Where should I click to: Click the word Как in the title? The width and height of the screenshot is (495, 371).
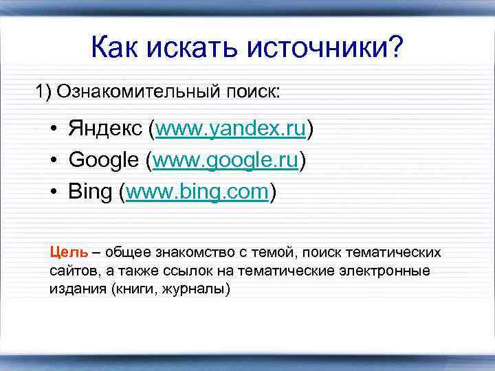[114, 48]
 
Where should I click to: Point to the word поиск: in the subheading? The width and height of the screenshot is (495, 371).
[254, 91]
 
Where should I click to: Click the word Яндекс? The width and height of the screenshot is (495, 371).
[107, 128]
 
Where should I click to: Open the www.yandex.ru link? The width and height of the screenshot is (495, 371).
[231, 128]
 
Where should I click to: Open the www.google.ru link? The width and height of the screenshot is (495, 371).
[226, 160]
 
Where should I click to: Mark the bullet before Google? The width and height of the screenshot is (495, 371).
[53, 161]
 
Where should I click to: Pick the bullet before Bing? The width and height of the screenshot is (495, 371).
[53, 192]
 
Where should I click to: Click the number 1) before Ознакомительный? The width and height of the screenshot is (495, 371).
[45, 91]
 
